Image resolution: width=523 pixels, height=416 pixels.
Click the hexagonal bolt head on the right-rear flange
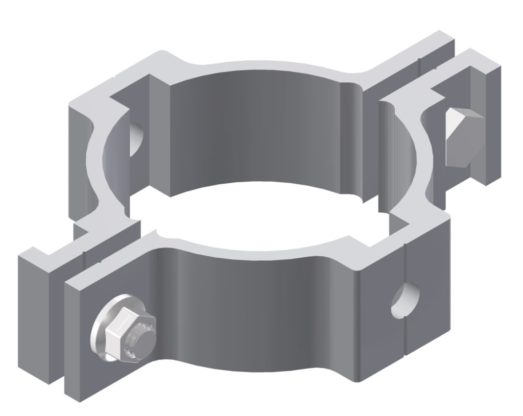[x=462, y=138]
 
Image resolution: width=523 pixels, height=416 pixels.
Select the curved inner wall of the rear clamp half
[x=266, y=133]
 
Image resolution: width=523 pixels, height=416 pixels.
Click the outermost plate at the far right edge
[x=493, y=128]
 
